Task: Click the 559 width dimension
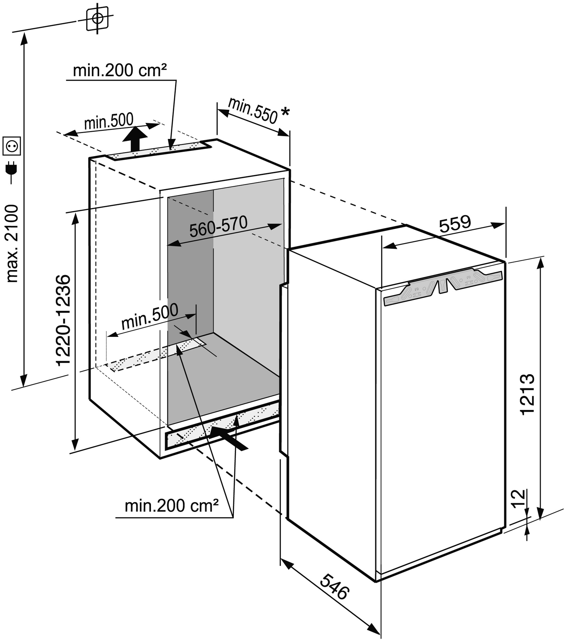pyautogui.click(x=455, y=224)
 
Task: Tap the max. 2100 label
pyautogui.click(x=13, y=243)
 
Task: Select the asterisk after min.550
pyautogui.click(x=285, y=112)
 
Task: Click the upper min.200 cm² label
pyautogui.click(x=120, y=70)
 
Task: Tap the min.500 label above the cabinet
pyautogui.click(x=109, y=121)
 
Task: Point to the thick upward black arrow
pyautogui.click(x=135, y=139)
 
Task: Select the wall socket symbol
pyautogui.click(x=12, y=146)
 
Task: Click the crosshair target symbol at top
pyautogui.click(x=97, y=18)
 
